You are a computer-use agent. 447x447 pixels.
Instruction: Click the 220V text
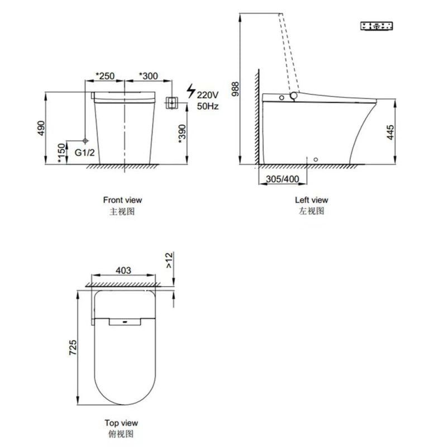tap(208, 94)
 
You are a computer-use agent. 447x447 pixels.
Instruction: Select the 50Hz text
tap(208, 106)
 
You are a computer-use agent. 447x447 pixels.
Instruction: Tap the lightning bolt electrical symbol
tap(191, 91)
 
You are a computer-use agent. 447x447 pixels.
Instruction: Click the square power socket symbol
tap(172, 103)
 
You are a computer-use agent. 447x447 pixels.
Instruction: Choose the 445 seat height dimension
tap(391, 132)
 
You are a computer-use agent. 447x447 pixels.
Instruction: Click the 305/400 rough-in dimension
tap(284, 179)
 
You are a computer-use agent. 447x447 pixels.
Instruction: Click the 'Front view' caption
tap(122, 199)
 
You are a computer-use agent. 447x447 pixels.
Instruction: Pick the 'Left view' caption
tap(311, 199)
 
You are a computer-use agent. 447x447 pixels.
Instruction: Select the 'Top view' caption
tap(121, 423)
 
